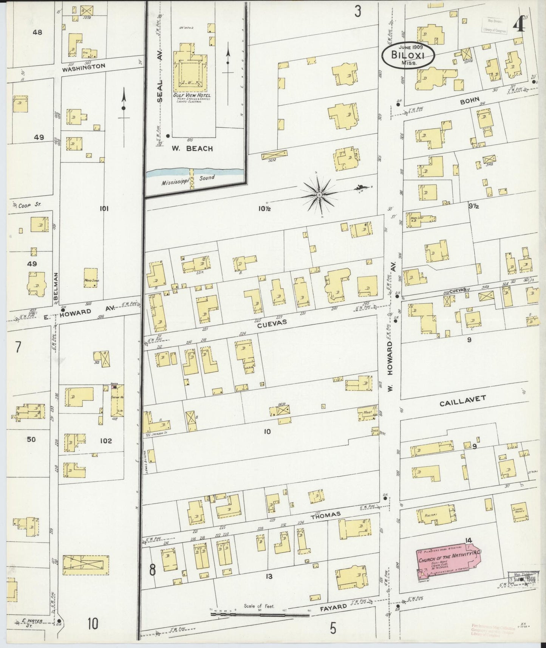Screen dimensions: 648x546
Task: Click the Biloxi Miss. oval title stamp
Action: [x=408, y=56]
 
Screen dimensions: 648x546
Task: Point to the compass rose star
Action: [x=320, y=195]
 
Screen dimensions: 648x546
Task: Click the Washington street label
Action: [x=84, y=67]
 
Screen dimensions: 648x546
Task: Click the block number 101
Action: [x=104, y=208]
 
